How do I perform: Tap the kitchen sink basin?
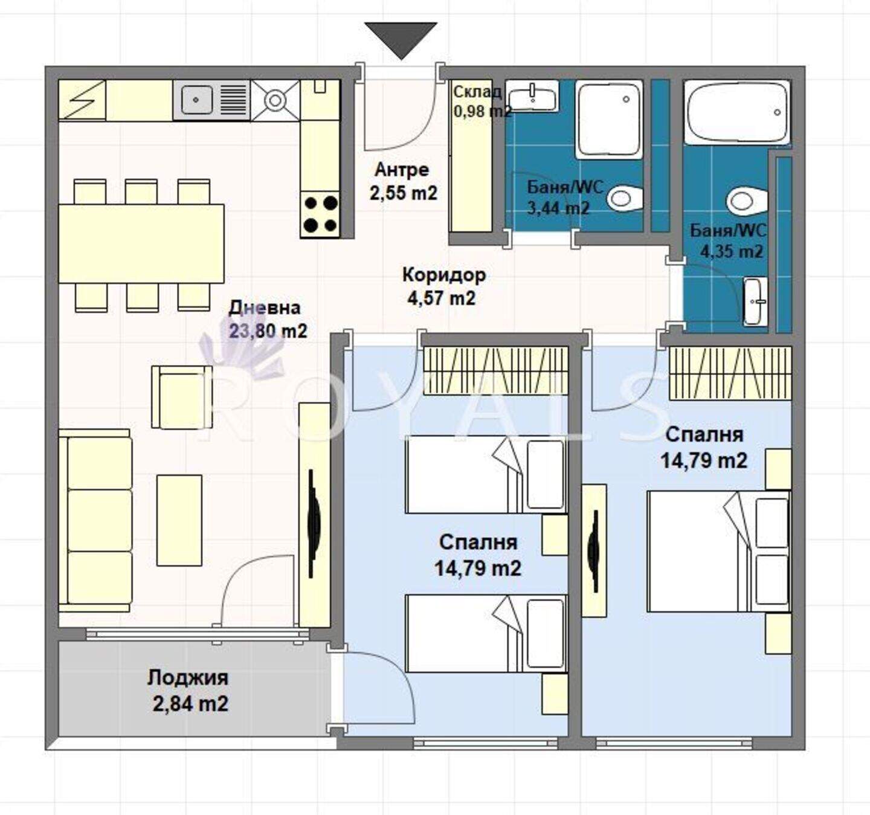point(196,100)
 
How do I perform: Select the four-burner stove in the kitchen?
point(320,214)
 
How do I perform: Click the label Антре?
point(402,170)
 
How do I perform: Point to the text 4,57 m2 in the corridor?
point(441,298)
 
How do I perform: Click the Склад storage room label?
point(477,92)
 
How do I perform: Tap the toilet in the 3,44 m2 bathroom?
point(625,198)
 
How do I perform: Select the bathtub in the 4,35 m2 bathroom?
point(738,112)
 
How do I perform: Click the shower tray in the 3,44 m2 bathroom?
point(608,119)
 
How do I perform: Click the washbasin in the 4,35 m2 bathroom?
point(755,301)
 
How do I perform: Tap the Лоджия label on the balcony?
point(188,677)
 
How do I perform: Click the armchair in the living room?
point(182,397)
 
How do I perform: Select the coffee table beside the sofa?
point(179,520)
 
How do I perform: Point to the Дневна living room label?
point(265,308)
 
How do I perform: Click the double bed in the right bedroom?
point(718,551)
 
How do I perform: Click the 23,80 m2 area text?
point(268,331)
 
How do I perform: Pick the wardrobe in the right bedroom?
point(730,372)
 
